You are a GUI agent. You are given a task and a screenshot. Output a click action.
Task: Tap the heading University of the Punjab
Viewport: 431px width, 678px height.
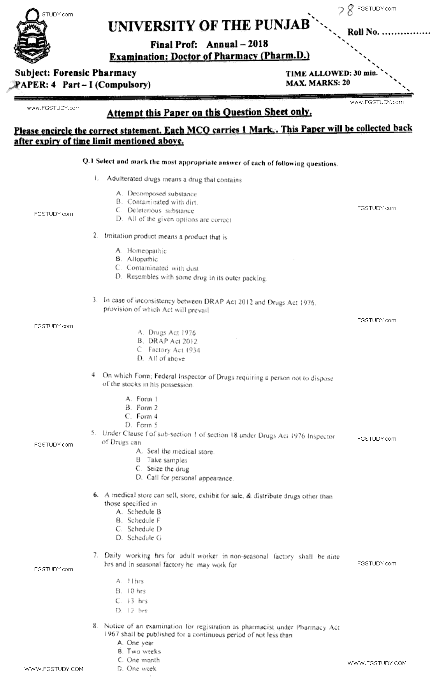[x=209, y=26]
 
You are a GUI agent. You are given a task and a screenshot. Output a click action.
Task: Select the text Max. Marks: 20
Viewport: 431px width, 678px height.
[x=318, y=83]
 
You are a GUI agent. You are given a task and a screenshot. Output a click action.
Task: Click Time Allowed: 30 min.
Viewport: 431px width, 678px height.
[x=331, y=73]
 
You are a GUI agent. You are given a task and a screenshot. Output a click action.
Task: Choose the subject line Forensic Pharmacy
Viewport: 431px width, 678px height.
[x=76, y=73]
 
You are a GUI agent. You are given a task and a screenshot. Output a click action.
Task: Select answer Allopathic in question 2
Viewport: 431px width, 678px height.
[x=142, y=259]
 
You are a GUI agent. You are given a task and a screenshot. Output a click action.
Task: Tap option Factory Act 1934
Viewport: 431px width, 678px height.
[x=174, y=350]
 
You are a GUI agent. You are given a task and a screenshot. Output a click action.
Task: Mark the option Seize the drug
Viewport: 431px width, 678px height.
[x=168, y=469]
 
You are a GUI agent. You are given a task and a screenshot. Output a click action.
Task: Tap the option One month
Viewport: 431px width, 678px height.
[x=143, y=660]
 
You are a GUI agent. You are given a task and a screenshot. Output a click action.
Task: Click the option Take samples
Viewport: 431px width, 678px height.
[x=167, y=460]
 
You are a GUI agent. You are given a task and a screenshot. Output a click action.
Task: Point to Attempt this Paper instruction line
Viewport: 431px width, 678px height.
[x=209, y=113]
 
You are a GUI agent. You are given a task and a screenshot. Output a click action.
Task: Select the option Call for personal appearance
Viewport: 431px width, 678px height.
[x=190, y=478]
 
